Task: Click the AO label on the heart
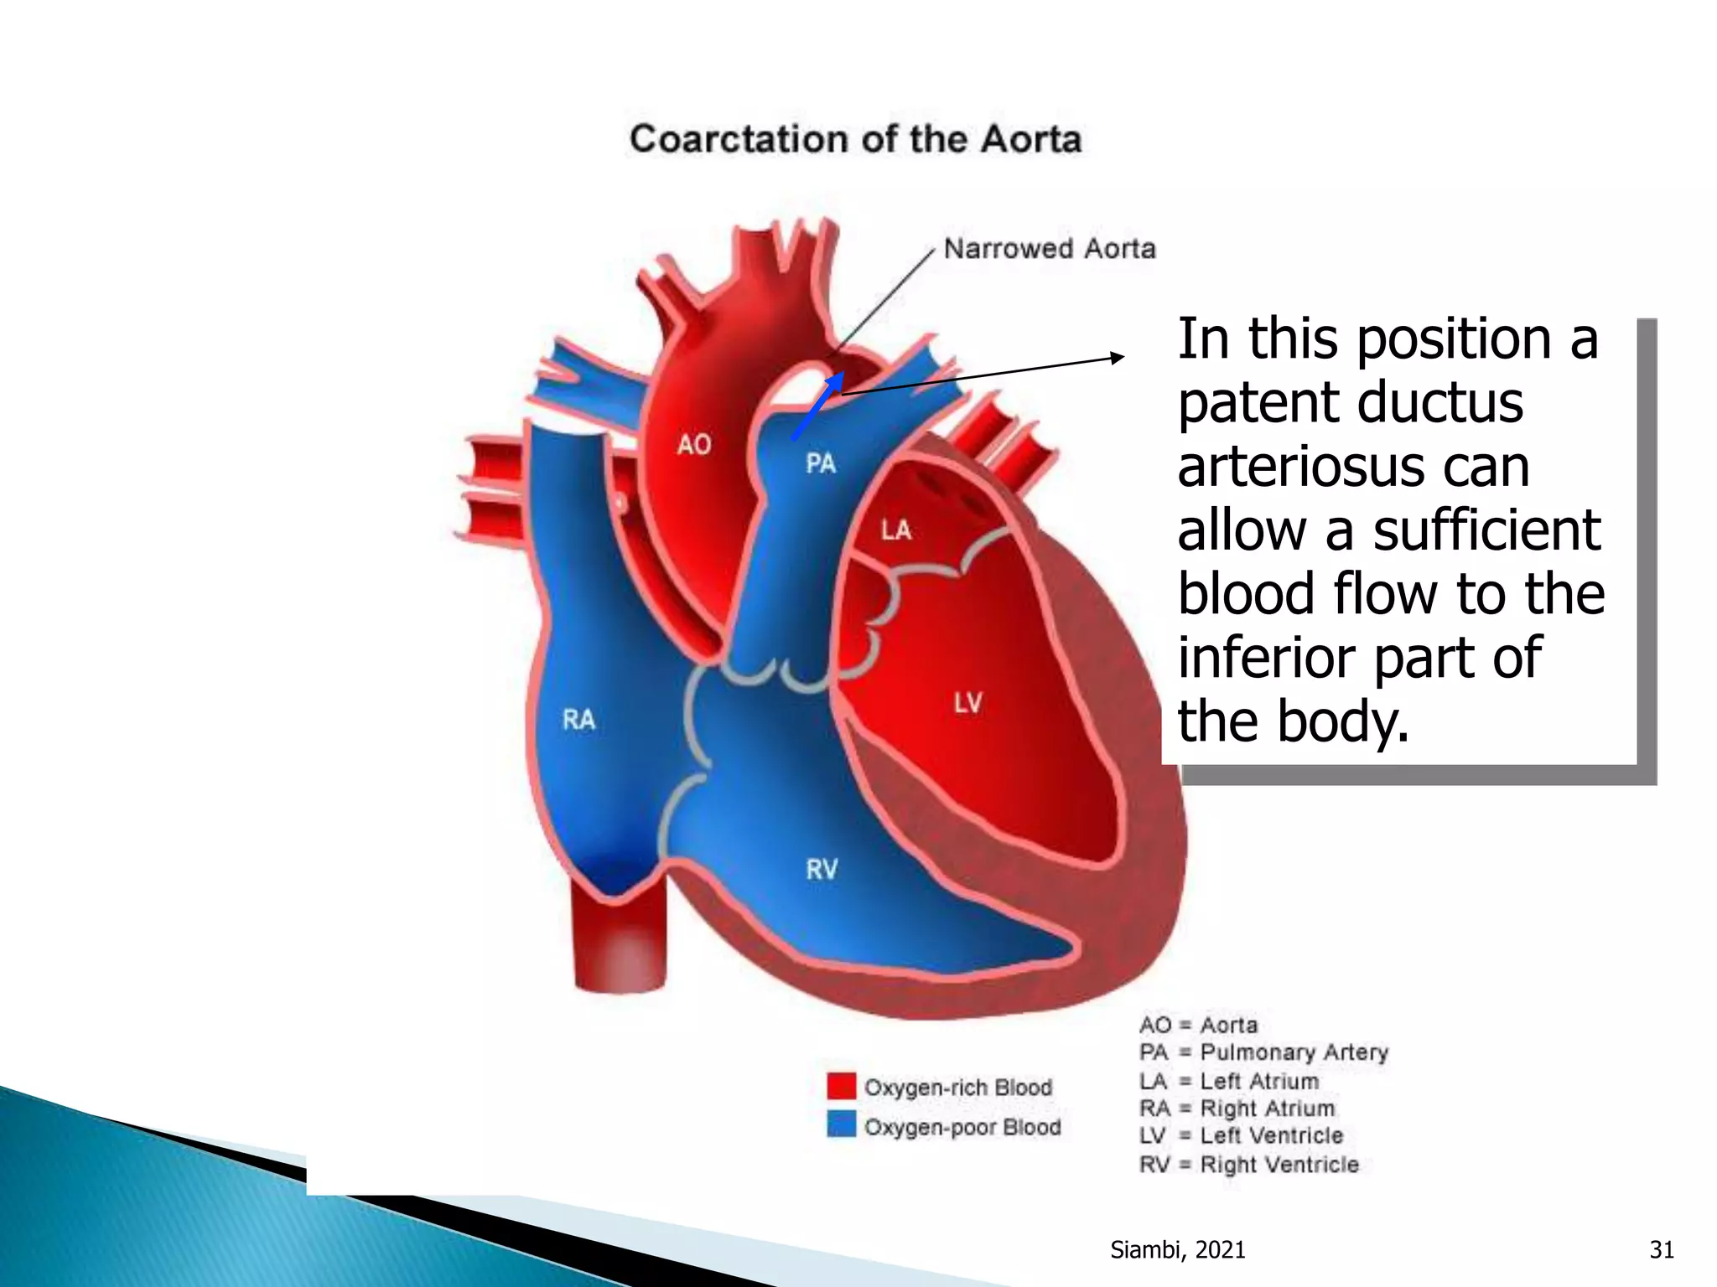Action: (694, 444)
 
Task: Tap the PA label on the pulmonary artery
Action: (821, 463)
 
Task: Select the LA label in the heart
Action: (895, 530)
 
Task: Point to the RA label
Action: (578, 719)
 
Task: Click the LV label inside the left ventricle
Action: (967, 702)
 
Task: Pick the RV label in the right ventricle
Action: (822, 869)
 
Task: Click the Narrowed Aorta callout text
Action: (1050, 249)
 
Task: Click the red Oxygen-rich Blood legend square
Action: (841, 1086)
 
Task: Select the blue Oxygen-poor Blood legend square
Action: (841, 1124)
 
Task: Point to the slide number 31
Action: (1661, 1250)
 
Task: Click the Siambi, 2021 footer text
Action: (1177, 1250)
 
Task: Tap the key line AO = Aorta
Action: (1198, 1025)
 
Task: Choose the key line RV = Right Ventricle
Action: (1248, 1164)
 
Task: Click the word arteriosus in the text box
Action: (1353, 466)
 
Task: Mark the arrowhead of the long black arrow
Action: (1117, 358)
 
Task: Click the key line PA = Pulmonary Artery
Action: (1263, 1052)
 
